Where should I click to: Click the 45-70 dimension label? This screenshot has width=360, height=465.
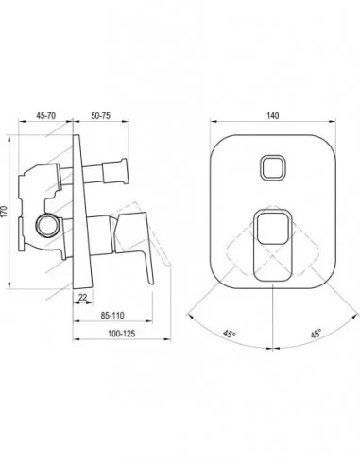45,115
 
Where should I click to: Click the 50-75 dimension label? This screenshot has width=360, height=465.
101,115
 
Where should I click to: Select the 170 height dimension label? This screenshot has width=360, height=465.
4,212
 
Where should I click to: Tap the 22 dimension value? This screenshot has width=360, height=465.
82,297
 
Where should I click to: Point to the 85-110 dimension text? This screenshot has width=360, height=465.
112,315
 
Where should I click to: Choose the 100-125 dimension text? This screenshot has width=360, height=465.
122,334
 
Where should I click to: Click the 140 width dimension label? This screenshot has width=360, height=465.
273,115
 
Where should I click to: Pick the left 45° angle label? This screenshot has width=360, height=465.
229,334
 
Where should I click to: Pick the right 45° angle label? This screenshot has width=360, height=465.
316,334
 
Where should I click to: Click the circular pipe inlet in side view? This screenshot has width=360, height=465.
47,225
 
